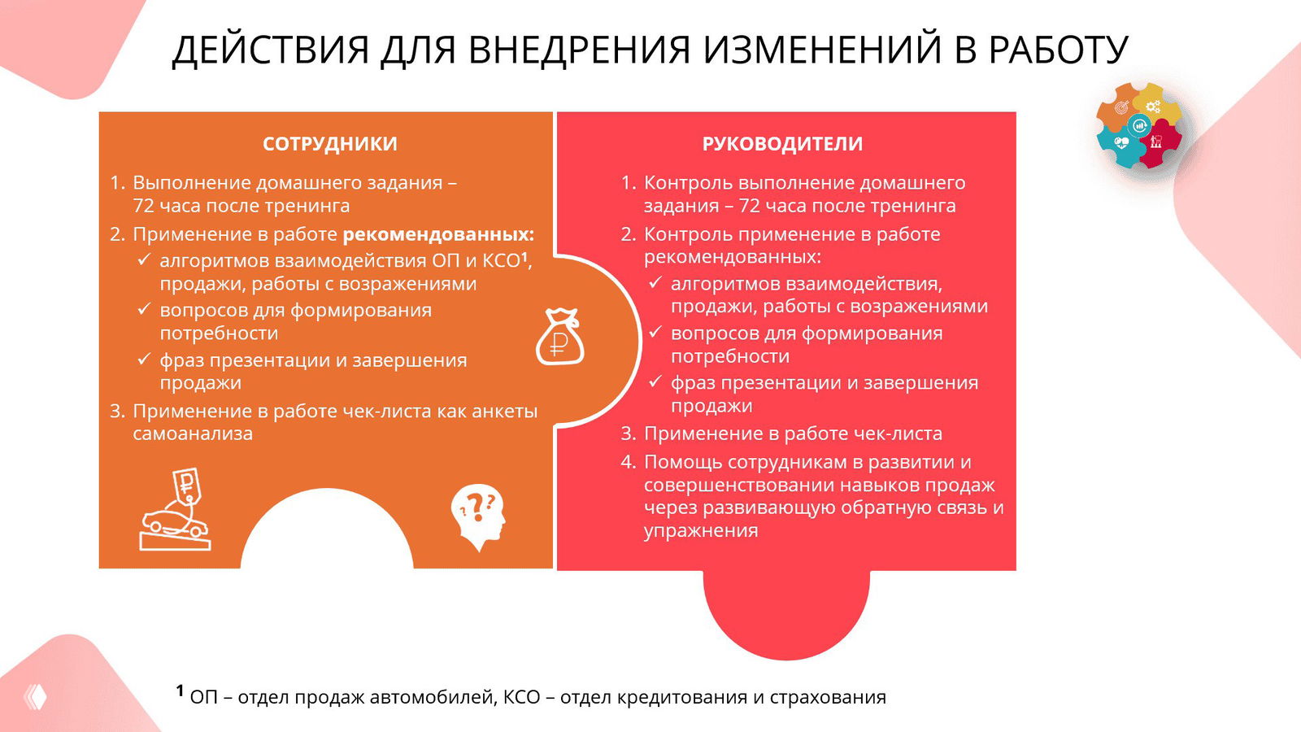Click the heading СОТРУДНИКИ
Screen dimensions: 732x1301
(329, 144)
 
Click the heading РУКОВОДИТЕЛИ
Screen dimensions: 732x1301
(782, 144)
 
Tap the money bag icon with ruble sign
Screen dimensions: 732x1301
(559, 337)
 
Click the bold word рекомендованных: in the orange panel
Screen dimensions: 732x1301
(438, 234)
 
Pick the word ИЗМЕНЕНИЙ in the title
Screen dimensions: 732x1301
(821, 50)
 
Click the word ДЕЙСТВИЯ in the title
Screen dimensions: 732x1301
(271, 50)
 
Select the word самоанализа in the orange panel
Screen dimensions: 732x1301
(193, 434)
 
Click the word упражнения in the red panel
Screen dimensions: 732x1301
(701, 531)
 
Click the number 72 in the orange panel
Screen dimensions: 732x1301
(143, 206)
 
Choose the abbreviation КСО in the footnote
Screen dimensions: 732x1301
(521, 697)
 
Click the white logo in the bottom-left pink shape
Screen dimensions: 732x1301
(36, 696)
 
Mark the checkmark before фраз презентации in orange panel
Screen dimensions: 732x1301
(144, 359)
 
